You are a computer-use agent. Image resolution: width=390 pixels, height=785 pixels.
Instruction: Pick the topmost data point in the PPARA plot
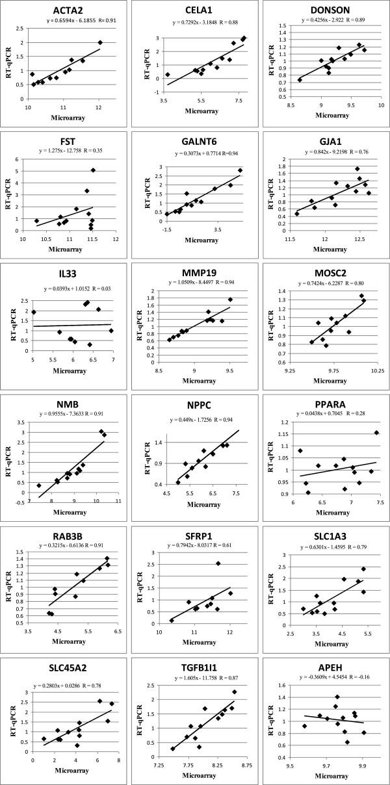[376, 433]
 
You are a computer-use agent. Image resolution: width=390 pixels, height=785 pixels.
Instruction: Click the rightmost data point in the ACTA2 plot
[100, 43]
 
